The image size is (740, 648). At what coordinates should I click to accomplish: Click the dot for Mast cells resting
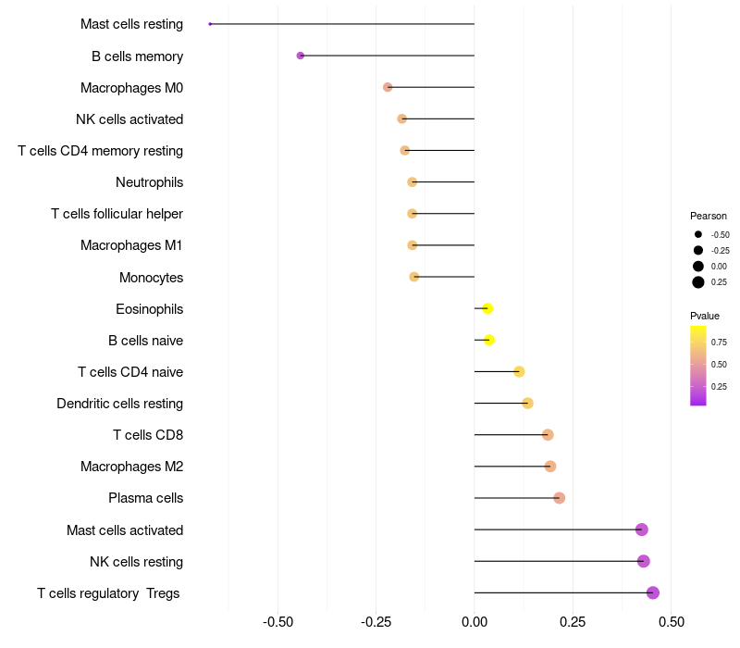[x=211, y=24]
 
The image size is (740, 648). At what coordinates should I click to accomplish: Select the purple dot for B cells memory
[x=301, y=56]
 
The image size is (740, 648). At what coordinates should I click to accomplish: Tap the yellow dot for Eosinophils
[x=487, y=308]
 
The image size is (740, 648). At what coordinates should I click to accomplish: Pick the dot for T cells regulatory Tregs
[x=653, y=592]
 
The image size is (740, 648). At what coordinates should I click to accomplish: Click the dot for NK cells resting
[x=644, y=561]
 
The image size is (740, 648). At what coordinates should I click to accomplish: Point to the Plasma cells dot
[x=559, y=498]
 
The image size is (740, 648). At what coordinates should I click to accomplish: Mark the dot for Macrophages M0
[x=388, y=87]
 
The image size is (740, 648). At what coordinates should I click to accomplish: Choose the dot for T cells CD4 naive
[x=519, y=371]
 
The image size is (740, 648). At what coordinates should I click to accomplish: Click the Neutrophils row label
[x=149, y=182]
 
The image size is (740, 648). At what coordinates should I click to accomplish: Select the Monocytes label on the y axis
[x=151, y=278]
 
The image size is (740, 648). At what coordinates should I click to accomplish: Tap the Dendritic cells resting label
[x=119, y=404]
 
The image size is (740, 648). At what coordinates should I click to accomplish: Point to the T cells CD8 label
[x=148, y=435]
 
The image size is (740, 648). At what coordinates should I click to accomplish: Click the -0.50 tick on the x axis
[x=278, y=622]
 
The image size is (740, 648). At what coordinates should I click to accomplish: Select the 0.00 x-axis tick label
[x=475, y=622]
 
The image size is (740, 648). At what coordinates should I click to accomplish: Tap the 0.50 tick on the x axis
[x=671, y=622]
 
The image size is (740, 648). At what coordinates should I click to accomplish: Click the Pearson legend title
[x=709, y=216]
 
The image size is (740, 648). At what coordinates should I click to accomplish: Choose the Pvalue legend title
[x=705, y=316]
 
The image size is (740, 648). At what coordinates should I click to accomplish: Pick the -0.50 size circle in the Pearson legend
[x=698, y=235]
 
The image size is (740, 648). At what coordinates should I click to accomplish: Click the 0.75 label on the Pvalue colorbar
[x=719, y=342]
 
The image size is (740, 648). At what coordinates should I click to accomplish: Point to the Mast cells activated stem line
[x=555, y=530]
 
